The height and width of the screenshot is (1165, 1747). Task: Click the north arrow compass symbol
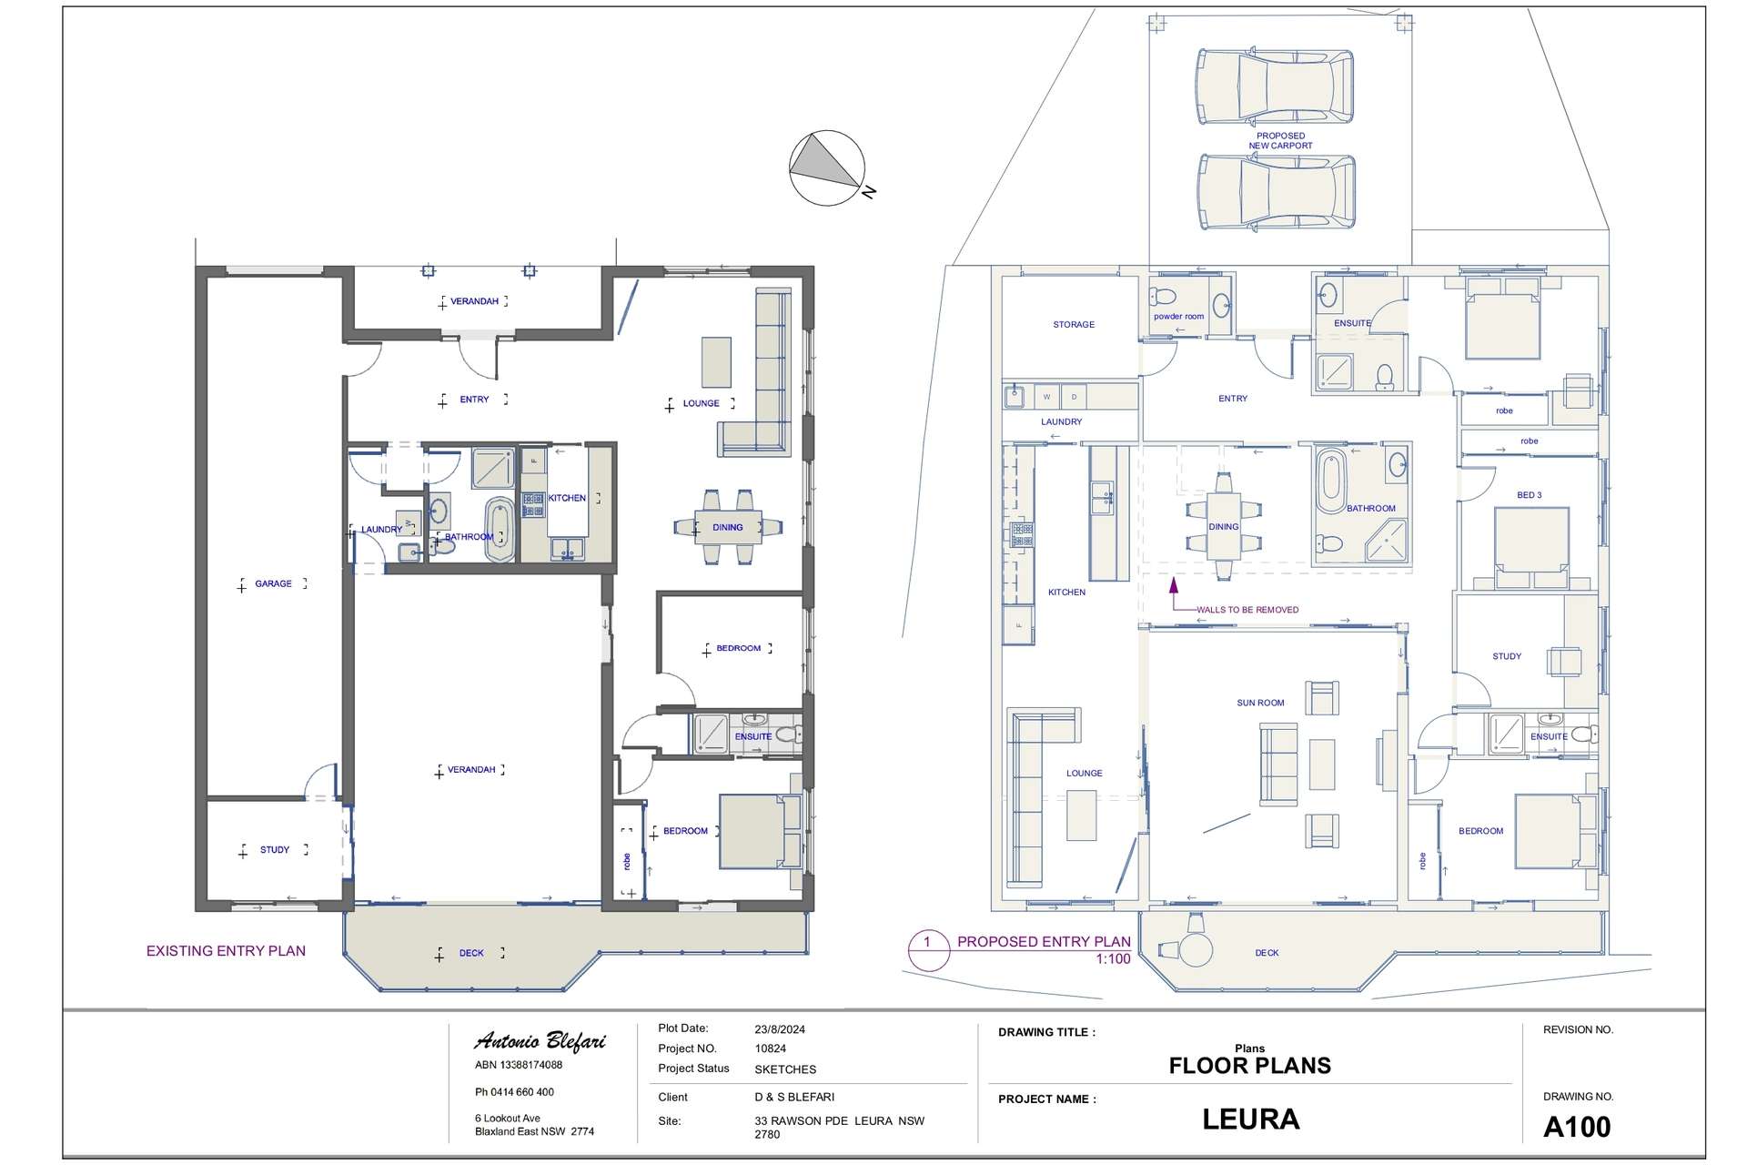827,168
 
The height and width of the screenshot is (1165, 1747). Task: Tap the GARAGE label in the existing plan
273,583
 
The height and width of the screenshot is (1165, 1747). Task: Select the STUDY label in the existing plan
275,850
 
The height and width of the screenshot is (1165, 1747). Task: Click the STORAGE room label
1074,324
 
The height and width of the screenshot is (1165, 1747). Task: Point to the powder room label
1178,317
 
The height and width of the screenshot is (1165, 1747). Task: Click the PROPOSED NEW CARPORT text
1280,141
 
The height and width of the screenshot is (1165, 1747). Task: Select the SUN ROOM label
1260,703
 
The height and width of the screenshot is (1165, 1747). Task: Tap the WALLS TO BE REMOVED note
1247,610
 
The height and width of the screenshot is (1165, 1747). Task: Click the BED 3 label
1530,495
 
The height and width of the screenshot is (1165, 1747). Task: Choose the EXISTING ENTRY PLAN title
226,951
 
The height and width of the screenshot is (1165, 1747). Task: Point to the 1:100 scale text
1113,959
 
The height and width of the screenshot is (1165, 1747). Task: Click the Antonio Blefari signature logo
540,1041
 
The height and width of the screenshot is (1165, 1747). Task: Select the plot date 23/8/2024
780,1029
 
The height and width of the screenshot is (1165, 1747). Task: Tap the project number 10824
771,1048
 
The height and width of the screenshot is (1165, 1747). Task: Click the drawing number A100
1577,1128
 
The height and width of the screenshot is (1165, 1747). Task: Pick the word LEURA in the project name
1250,1119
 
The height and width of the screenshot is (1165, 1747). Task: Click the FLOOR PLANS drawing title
1250,1066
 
